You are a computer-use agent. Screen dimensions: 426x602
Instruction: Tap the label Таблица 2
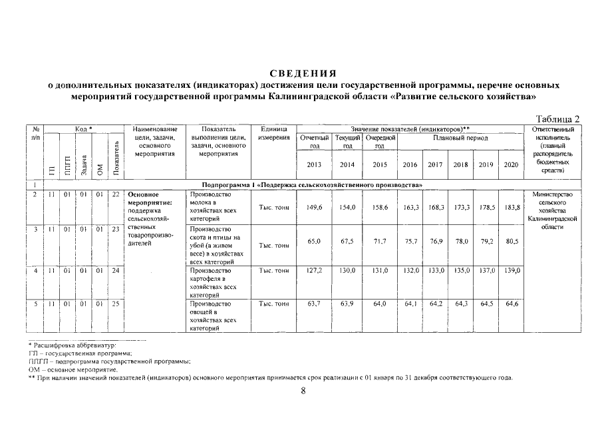click(558, 118)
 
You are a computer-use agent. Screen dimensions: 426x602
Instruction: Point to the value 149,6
click(314, 208)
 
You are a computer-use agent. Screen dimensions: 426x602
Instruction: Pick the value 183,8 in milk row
click(510, 208)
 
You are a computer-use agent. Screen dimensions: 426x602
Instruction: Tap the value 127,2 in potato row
click(314, 271)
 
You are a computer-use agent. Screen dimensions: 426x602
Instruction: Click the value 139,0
click(510, 271)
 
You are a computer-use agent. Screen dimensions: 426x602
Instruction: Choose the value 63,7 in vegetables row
click(314, 304)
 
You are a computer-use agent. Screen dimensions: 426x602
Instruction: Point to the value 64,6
click(510, 304)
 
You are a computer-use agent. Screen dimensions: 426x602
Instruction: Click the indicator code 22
click(116, 194)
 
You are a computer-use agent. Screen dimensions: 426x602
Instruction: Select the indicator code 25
click(116, 304)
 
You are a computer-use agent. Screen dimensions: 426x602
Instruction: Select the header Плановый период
click(460, 138)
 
